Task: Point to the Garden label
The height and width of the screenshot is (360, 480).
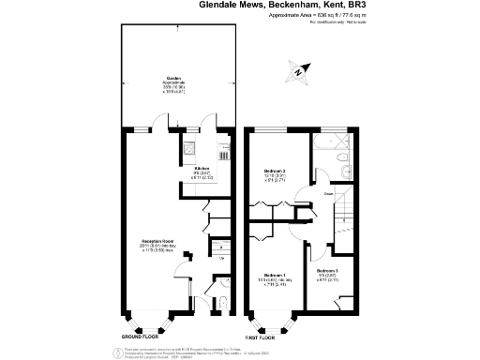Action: coord(173,78)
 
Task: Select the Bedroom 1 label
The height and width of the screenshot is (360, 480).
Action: coord(270,276)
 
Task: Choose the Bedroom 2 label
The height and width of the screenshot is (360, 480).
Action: coord(274,170)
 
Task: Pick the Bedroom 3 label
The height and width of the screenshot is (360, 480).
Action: coord(340,271)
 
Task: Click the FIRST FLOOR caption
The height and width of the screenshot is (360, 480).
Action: coord(265,335)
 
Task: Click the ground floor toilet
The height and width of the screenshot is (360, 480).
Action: coord(221,302)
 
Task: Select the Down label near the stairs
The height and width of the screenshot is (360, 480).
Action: coord(329,194)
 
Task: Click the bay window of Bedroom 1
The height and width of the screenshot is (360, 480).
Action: coord(273,322)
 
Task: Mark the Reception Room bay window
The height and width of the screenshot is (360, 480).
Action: coord(148,322)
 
